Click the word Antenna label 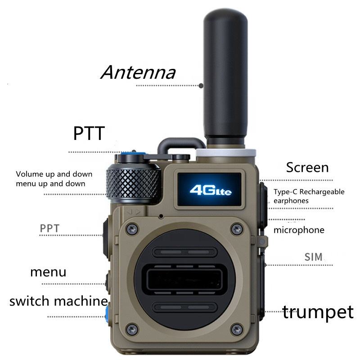pyautogui.click(x=138, y=72)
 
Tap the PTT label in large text pyautogui.click(x=89, y=134)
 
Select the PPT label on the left pyautogui.click(x=49, y=228)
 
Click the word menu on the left pyautogui.click(x=48, y=272)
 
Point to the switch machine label pyautogui.click(x=58, y=301)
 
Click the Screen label pyautogui.click(x=307, y=167)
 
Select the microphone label pyautogui.click(x=299, y=230)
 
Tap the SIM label pyautogui.click(x=314, y=257)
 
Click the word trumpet pyautogui.click(x=318, y=311)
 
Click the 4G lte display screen pyautogui.click(x=211, y=189)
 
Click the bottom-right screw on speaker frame pyautogui.click(x=237, y=329)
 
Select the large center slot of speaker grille pyautogui.click(x=184, y=279)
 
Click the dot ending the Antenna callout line pyautogui.click(x=201, y=85)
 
